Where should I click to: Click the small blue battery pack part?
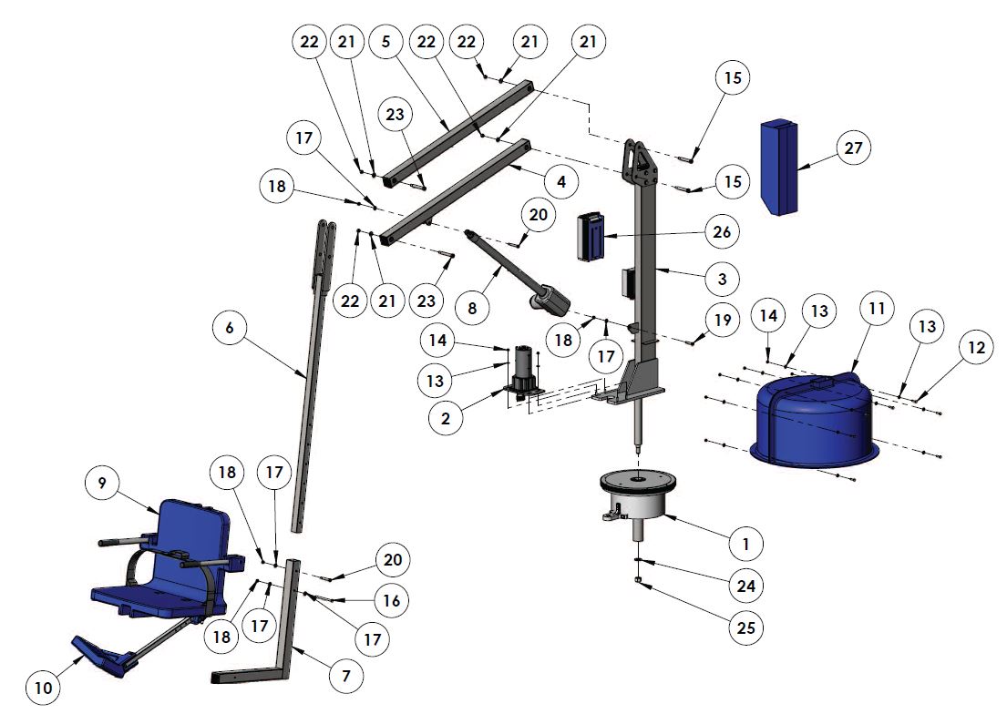592,237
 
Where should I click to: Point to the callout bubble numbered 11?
875,310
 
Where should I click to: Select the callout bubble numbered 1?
745,544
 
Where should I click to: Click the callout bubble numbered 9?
101,484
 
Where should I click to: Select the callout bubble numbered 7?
345,676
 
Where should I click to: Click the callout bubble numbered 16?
391,600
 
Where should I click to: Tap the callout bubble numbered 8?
471,309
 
